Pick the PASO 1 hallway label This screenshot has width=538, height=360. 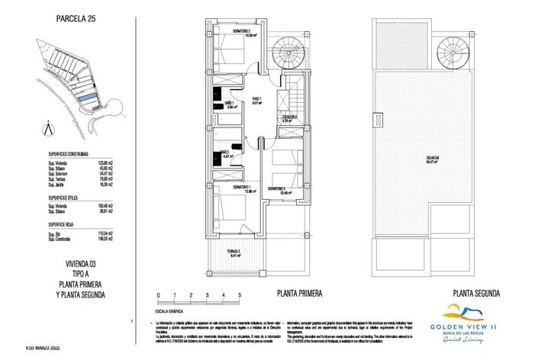coord(257,100)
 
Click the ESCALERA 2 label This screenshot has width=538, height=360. coord(288,117)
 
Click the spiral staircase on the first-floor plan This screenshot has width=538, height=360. coord(290,51)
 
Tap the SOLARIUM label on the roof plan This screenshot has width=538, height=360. coord(432,159)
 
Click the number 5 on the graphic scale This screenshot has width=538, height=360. coord(240,294)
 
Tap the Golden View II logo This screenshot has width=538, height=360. coord(469,321)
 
